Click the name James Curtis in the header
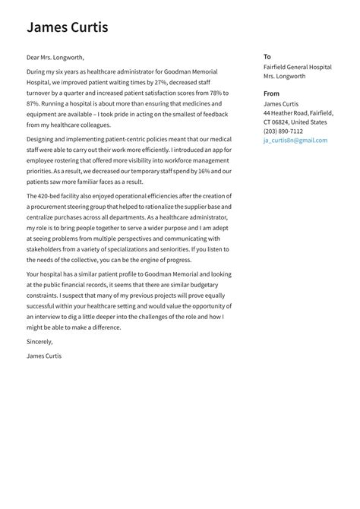(x=67, y=28)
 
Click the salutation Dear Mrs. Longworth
(x=55, y=57)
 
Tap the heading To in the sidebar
(x=267, y=57)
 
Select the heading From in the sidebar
(x=271, y=94)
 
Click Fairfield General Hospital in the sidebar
(x=297, y=67)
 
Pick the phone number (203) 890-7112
(x=283, y=131)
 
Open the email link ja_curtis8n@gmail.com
(x=295, y=140)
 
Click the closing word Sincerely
(x=40, y=342)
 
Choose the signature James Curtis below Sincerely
(x=44, y=356)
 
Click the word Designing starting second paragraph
(x=40, y=140)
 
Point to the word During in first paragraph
(x=36, y=71)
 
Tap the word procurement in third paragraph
(x=46, y=207)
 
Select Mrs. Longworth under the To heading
(x=284, y=76)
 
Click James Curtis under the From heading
(x=281, y=103)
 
